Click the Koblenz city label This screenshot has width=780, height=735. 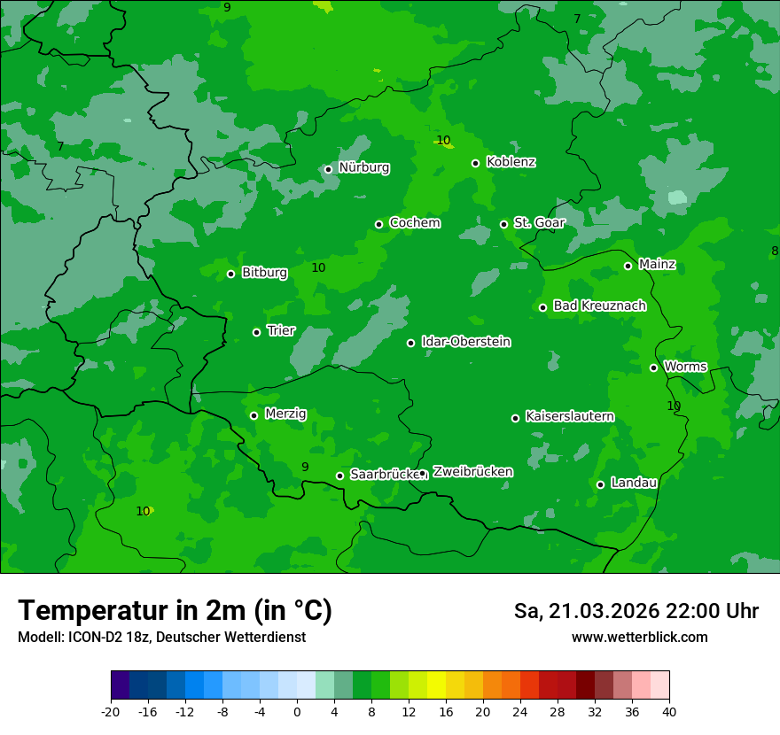click(x=511, y=162)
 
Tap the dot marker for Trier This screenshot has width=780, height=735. click(x=256, y=332)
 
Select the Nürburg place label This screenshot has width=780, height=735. click(x=363, y=167)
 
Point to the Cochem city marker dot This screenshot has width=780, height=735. click(x=378, y=224)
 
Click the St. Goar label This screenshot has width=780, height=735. click(x=539, y=222)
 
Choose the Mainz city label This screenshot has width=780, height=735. click(x=657, y=264)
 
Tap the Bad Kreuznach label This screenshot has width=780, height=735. click(x=599, y=306)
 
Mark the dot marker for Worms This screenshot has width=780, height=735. click(x=653, y=367)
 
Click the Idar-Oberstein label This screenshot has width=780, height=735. click(x=465, y=342)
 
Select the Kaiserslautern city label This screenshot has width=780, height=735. click(x=569, y=416)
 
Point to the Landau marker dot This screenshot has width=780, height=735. click(x=600, y=484)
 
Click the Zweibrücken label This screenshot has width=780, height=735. click(x=472, y=472)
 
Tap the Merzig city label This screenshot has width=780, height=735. click(x=285, y=414)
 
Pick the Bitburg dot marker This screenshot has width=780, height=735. click(x=230, y=274)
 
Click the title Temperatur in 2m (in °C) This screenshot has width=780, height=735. click(x=175, y=610)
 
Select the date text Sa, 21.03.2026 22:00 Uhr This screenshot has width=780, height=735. click(x=636, y=611)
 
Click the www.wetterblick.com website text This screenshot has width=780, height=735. click(x=639, y=638)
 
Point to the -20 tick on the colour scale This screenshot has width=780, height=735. click(x=111, y=711)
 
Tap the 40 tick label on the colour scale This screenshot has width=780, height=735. click(x=668, y=711)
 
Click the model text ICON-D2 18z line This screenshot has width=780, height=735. click(x=161, y=638)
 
